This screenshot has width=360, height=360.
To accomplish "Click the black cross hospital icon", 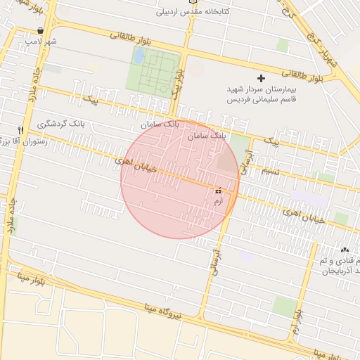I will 262,78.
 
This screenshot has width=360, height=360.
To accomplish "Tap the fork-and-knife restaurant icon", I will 21,130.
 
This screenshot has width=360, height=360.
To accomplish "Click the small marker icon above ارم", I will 218,191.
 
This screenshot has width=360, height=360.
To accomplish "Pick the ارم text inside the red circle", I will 218,201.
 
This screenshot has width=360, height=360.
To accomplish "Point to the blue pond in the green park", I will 139,55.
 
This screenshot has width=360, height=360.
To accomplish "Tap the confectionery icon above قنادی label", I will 345,250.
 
